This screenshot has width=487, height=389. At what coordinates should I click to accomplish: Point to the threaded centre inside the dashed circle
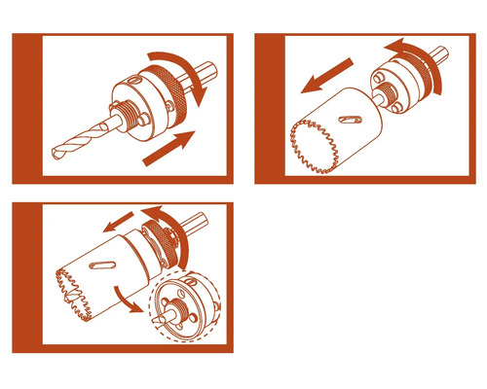pyautogui.click(x=180, y=309)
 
